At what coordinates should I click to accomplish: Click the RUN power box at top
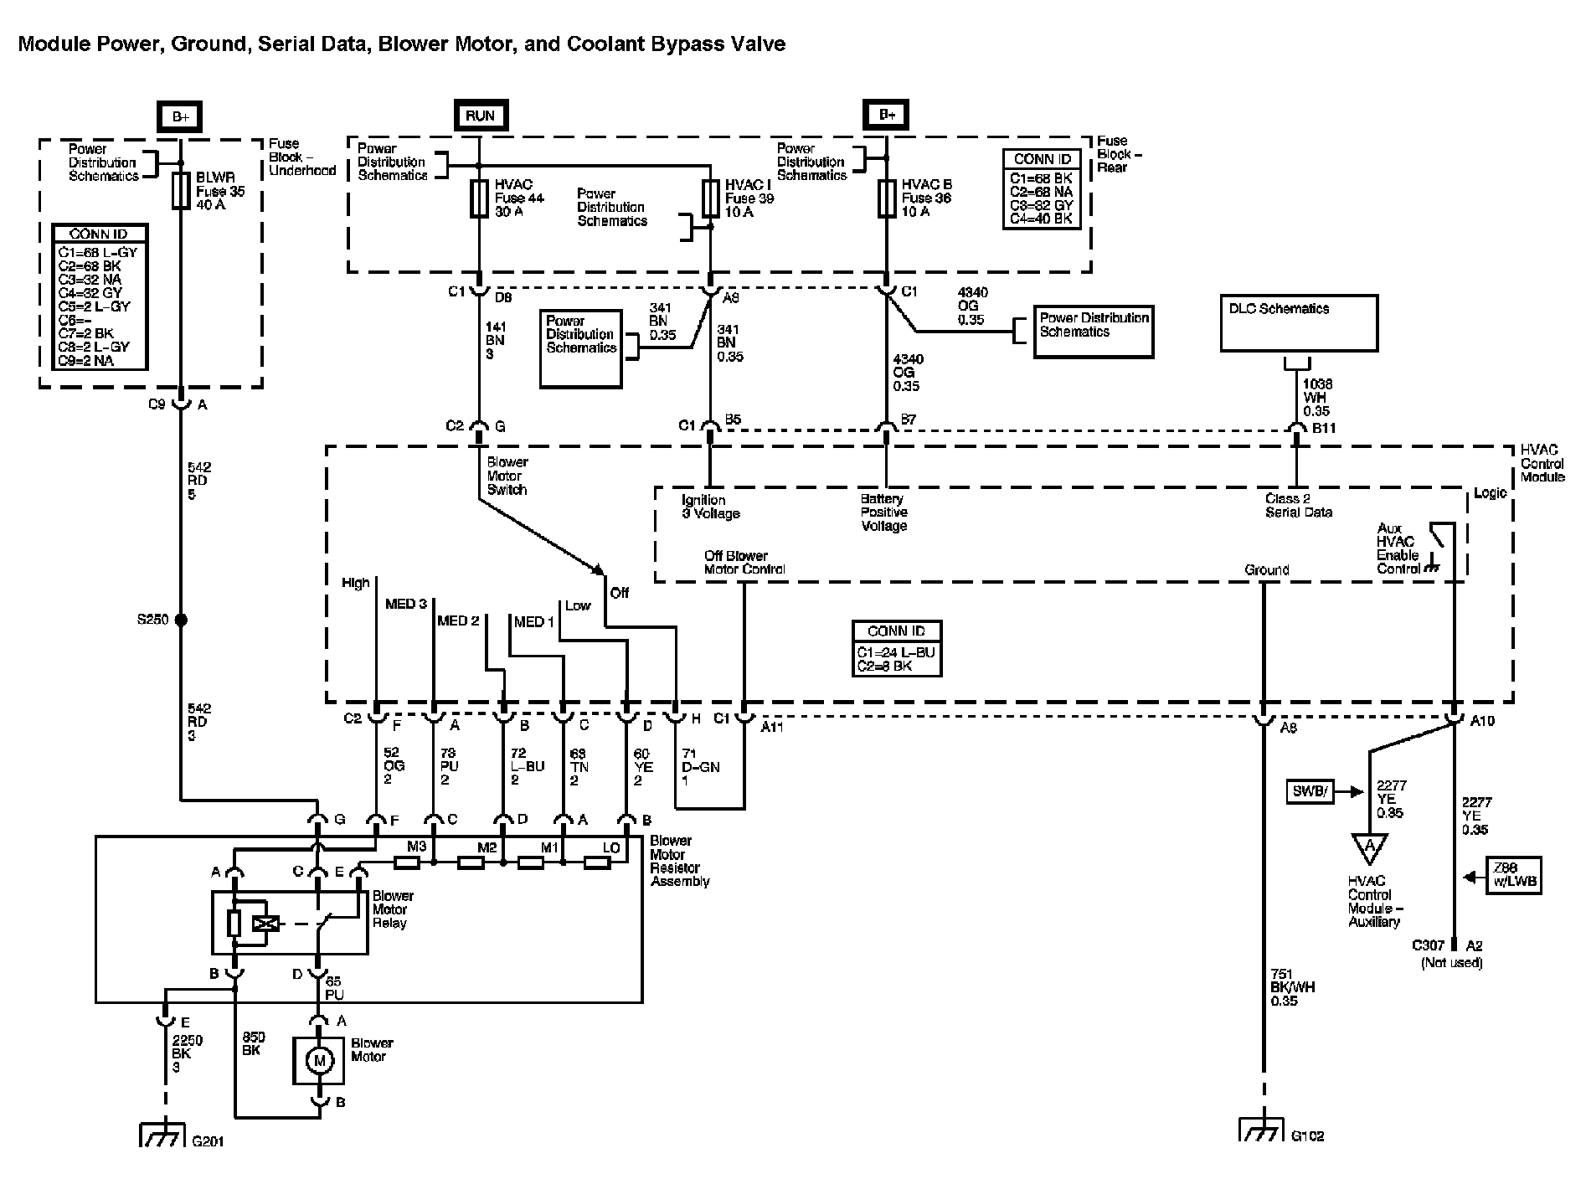click(480, 116)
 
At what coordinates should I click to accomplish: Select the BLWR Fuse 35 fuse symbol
click(180, 191)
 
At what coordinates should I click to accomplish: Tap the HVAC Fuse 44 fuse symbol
click(478, 198)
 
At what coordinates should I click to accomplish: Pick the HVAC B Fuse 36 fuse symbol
click(887, 198)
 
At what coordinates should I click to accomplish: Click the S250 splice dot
click(180, 620)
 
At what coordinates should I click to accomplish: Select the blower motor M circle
click(318, 1061)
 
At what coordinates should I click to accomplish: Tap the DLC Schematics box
click(1298, 322)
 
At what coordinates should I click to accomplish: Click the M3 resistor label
click(416, 847)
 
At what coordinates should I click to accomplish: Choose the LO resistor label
click(611, 847)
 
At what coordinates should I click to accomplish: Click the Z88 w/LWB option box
click(1512, 876)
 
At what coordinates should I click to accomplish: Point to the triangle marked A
click(1370, 847)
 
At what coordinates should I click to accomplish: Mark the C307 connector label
click(1429, 945)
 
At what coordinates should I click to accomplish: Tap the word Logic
click(1490, 492)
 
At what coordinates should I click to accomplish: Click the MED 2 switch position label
click(458, 620)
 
